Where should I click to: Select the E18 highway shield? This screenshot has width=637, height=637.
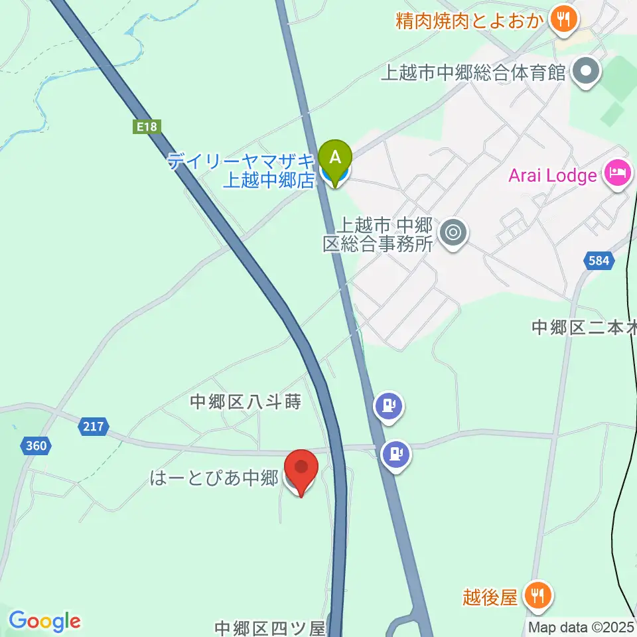[x=147, y=125]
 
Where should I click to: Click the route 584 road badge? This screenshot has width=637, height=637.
[x=598, y=261]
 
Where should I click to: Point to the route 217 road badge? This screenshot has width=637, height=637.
[x=94, y=426]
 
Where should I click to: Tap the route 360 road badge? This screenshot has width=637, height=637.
[x=36, y=445]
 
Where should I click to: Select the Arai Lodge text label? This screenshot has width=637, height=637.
[x=553, y=176]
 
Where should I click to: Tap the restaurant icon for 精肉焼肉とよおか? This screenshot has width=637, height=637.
[x=563, y=19]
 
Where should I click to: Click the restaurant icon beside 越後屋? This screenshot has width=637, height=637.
[x=535, y=596]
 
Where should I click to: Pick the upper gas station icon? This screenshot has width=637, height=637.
[x=388, y=406]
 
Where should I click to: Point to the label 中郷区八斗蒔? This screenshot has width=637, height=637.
[x=246, y=401]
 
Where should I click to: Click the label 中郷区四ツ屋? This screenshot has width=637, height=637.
[x=270, y=628]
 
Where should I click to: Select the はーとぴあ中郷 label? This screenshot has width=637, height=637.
[x=213, y=478]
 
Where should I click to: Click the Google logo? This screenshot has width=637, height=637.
[x=44, y=621]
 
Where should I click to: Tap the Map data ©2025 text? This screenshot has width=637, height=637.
[x=581, y=627]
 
